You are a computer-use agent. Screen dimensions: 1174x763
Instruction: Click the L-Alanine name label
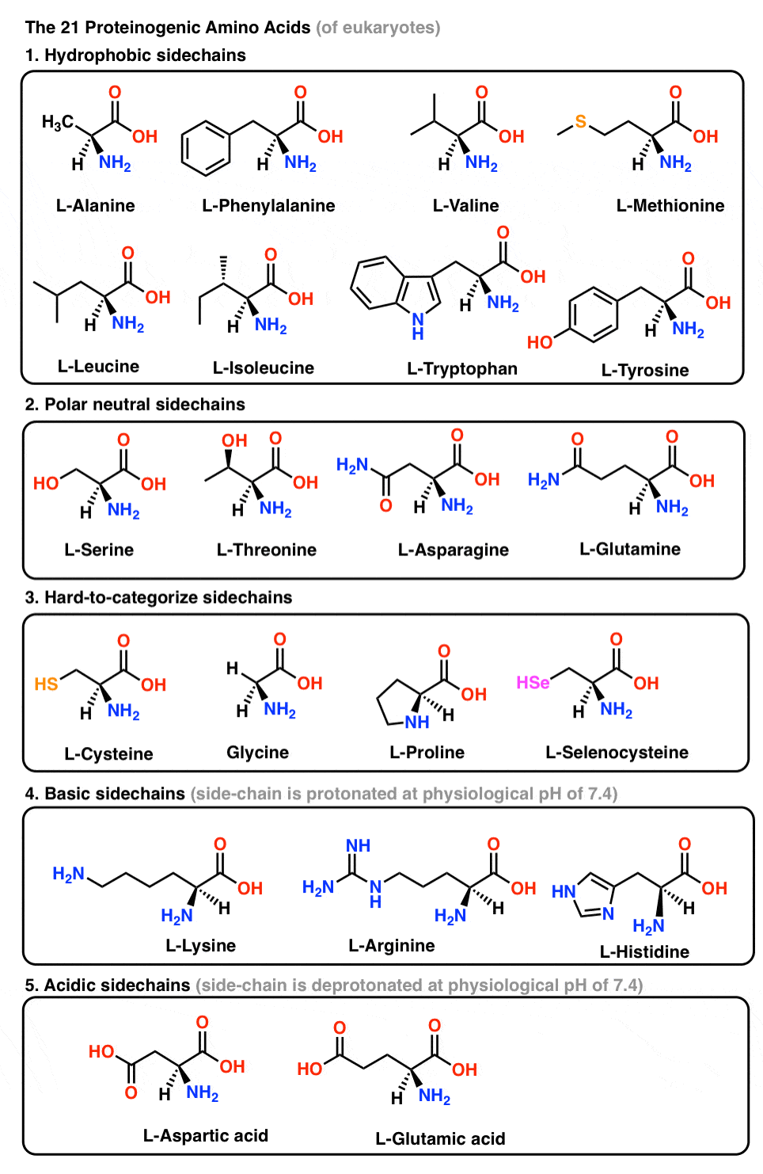95,206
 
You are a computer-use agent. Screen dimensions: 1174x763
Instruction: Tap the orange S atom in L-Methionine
580,121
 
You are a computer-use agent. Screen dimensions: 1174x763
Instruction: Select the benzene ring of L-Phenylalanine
206,148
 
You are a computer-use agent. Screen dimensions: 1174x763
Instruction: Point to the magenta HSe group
533,683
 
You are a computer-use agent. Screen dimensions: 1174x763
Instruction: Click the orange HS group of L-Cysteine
46,684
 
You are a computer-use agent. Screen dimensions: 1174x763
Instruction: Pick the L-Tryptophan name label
461,369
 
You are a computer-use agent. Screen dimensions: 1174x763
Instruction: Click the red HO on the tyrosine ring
540,342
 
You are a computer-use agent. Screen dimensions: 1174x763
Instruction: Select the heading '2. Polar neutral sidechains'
135,405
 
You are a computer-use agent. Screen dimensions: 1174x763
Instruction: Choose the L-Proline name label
427,753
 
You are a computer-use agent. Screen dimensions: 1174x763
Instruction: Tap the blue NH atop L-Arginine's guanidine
358,846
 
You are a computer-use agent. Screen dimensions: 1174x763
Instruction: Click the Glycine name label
257,753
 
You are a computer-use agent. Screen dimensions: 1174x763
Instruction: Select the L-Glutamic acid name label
440,1139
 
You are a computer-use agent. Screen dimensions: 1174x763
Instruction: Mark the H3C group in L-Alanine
57,122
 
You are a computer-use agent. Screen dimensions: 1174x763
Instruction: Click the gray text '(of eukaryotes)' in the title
378,28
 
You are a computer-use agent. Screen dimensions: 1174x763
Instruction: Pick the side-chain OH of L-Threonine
234,440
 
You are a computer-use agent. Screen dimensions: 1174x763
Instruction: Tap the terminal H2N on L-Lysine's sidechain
68,874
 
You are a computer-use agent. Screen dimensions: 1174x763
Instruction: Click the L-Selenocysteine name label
617,753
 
